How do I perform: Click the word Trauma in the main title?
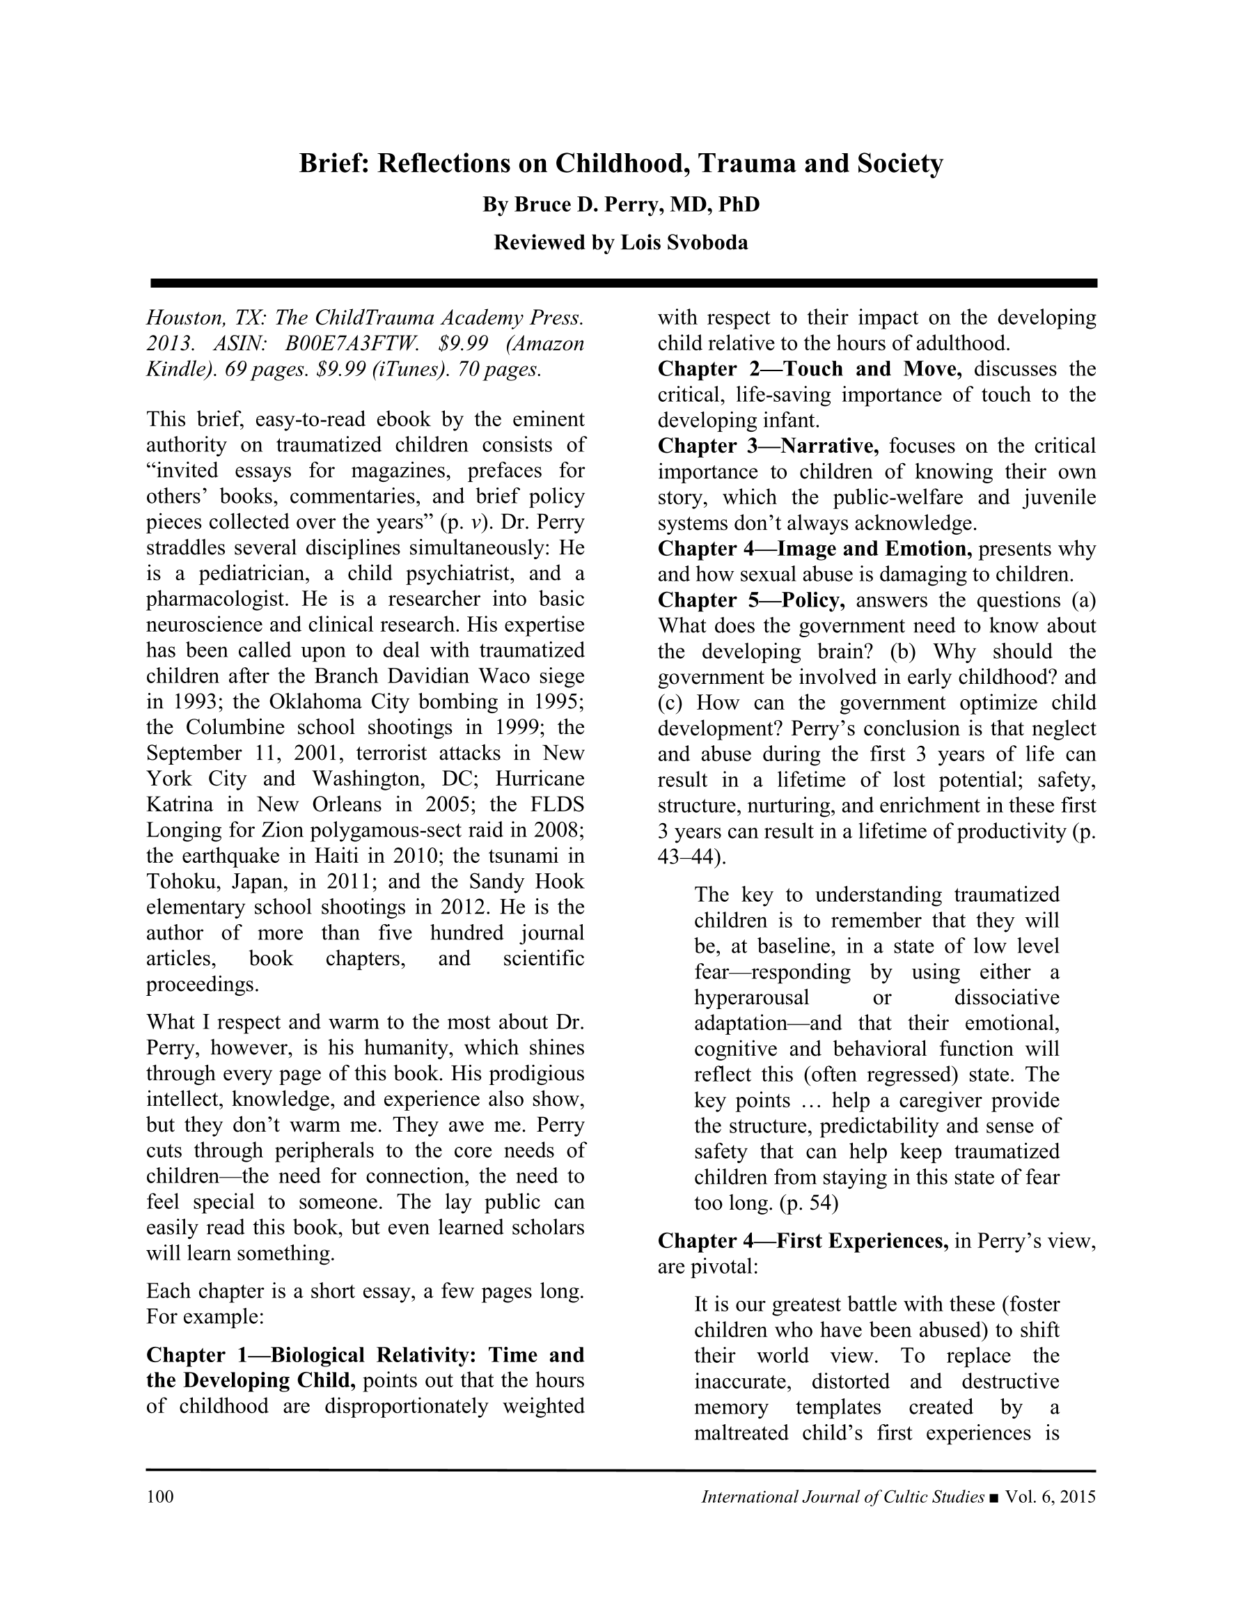746,163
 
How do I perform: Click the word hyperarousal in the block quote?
751,998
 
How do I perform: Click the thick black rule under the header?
623,283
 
